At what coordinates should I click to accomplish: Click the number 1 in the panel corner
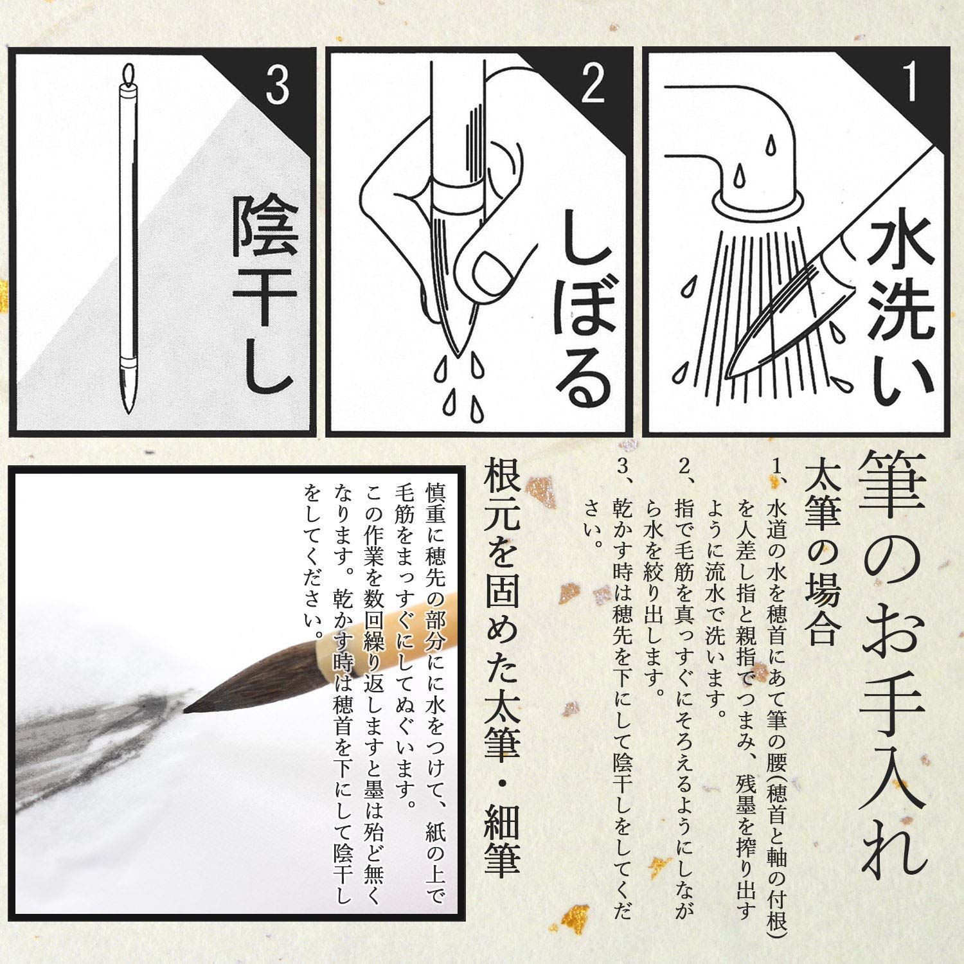(909, 83)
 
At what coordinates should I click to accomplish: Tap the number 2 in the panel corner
(592, 84)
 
